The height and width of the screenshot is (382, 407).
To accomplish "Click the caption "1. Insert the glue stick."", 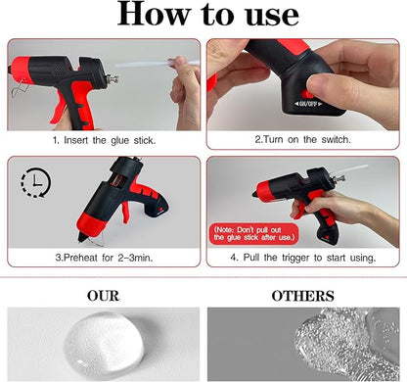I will point(104,140).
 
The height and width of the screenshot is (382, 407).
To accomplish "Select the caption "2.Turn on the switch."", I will point(303,140).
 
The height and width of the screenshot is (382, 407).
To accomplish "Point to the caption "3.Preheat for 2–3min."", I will point(104,259).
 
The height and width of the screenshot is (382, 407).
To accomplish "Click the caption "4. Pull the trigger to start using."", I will point(303,259).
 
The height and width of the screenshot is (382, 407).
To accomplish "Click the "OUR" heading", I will point(103,296).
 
